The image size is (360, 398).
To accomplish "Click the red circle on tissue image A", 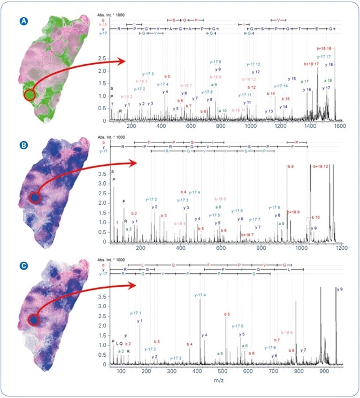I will point(30,95).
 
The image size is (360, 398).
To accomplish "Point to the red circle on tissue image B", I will point(34,198).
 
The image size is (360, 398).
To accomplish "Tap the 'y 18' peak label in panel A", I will point(329,64).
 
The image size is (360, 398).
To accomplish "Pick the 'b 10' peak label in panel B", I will point(316,217).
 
